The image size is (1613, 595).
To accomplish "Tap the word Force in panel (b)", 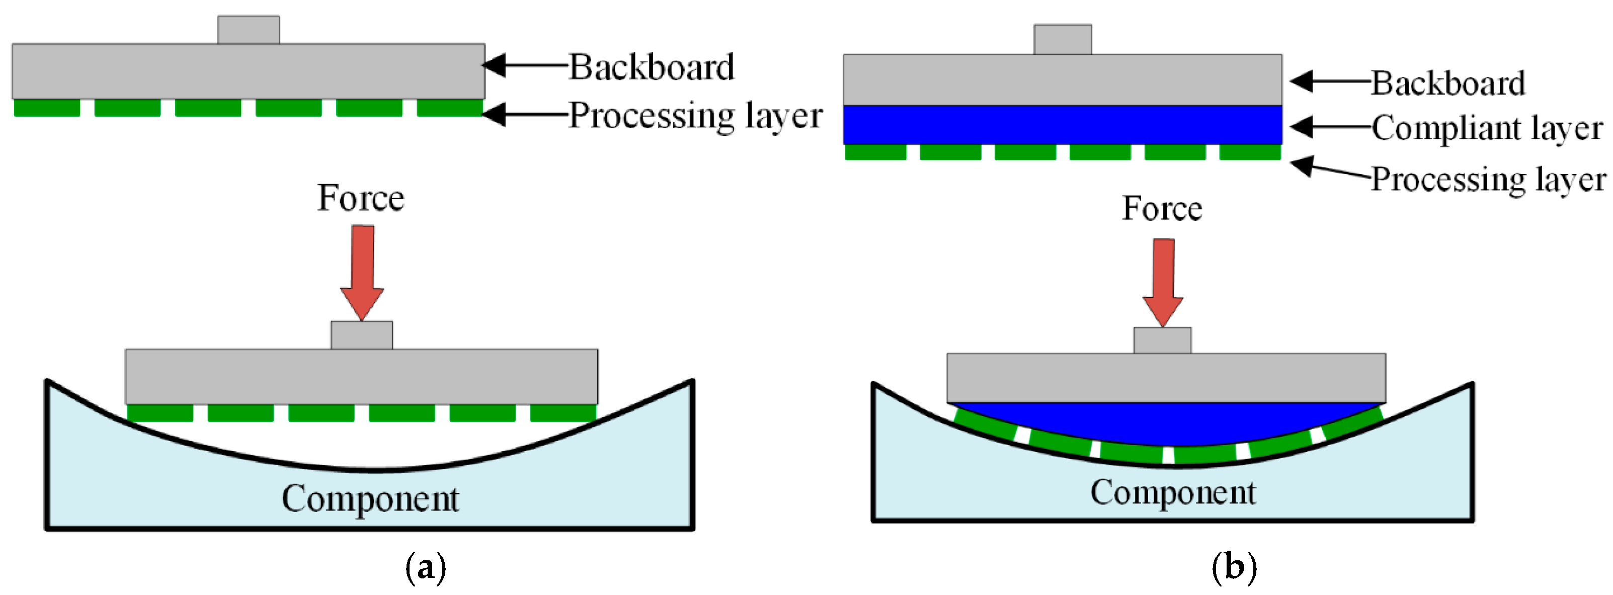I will coord(1162,208).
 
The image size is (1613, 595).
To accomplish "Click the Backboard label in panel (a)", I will coord(651,67).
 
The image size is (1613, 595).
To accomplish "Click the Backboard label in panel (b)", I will coord(1447,83).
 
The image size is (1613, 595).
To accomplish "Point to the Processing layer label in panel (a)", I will coord(695,116).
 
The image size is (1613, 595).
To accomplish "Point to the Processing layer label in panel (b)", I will coord(1488,180).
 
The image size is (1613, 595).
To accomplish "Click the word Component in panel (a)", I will coord(370,499).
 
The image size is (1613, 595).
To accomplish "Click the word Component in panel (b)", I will coord(1173,493).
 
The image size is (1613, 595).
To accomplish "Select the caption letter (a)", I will coord(426,567).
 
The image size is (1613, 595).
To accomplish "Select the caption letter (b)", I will coord(1234,567).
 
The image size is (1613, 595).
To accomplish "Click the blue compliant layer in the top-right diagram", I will coord(1062,125).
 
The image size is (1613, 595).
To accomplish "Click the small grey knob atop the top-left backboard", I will coord(249,30).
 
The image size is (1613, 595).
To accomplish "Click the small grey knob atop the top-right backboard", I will coord(1063,39).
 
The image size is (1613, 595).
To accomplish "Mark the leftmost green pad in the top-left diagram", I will coord(47,108).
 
